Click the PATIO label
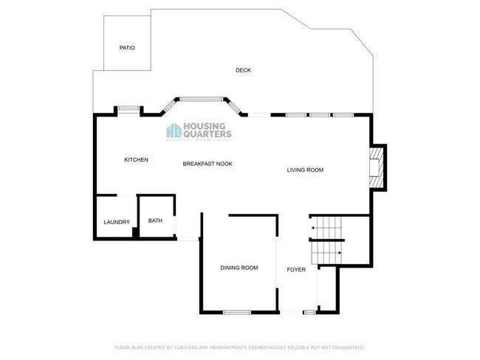(x=127, y=48)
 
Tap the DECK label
(x=243, y=71)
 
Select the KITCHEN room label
(x=136, y=160)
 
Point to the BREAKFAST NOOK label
(x=208, y=164)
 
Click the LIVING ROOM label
(x=305, y=170)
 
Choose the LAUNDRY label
(x=117, y=222)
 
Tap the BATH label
(x=155, y=221)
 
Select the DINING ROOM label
(x=239, y=268)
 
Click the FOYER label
(x=296, y=270)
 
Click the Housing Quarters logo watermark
(x=199, y=131)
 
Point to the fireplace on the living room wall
(x=377, y=166)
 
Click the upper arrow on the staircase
(x=314, y=229)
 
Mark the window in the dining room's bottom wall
(x=237, y=312)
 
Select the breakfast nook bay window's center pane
(x=202, y=97)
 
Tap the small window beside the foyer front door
(x=309, y=313)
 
